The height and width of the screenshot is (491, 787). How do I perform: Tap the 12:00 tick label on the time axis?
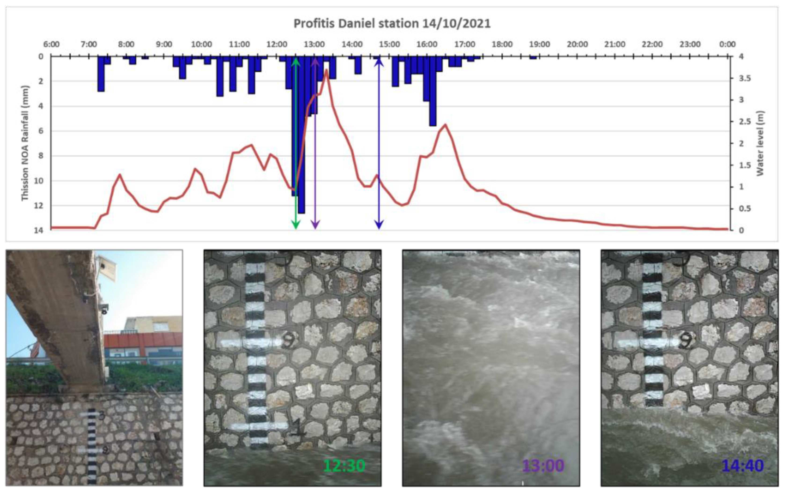(x=277, y=44)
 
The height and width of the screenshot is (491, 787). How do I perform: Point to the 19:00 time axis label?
(x=539, y=44)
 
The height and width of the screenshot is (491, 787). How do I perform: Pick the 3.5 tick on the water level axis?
(x=744, y=78)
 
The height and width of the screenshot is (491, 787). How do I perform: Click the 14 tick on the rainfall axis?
(x=39, y=230)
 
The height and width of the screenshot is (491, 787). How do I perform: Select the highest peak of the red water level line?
(x=326, y=70)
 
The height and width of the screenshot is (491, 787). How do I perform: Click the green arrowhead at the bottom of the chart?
(x=296, y=225)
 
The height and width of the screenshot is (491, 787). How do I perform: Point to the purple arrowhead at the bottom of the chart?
(x=315, y=225)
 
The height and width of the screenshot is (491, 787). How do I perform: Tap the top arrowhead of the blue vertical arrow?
(x=379, y=62)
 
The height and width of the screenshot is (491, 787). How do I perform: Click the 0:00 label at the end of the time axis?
(x=727, y=44)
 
